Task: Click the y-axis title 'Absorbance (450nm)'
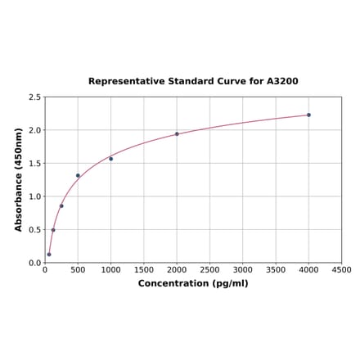click(x=19, y=179)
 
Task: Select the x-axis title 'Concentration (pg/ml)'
click(x=193, y=284)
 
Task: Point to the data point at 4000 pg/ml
click(x=308, y=115)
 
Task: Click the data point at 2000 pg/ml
click(x=177, y=134)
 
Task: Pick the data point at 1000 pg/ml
click(x=111, y=159)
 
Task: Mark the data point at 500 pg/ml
click(x=78, y=175)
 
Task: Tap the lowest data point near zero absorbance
click(x=49, y=255)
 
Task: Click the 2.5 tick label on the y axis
click(x=35, y=97)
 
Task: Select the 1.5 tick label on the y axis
click(x=35, y=164)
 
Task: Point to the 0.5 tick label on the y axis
click(x=35, y=230)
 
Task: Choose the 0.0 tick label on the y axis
click(x=35, y=263)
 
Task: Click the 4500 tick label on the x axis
click(x=341, y=270)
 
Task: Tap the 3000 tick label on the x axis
click(x=242, y=270)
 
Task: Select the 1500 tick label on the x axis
click(x=144, y=270)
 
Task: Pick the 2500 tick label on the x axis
click(x=209, y=270)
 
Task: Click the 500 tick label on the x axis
click(x=78, y=270)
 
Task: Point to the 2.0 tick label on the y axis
click(x=35, y=131)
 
